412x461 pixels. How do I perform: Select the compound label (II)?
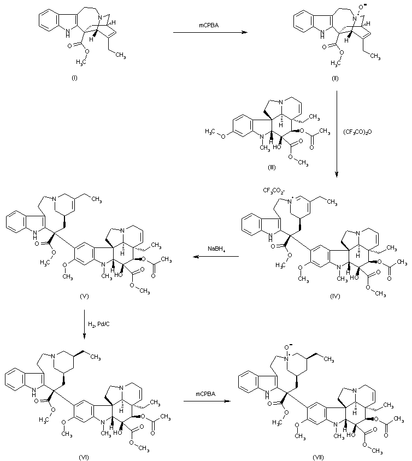[334, 79]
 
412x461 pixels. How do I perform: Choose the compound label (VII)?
[319, 456]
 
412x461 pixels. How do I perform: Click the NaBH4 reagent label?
[215, 249]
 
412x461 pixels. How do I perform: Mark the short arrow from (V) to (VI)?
[85, 326]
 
